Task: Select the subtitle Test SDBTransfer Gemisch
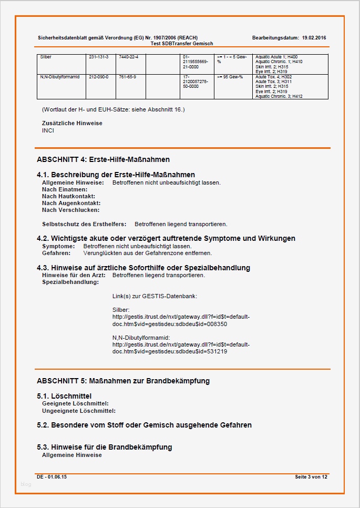[181, 44]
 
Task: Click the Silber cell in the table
[46, 56]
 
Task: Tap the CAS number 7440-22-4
[127, 56]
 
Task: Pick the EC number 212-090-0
[98, 77]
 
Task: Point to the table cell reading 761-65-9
[127, 77]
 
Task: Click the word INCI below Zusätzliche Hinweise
[48, 130]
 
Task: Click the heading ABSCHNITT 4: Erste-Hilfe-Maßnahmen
[103, 159]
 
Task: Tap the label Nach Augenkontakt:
[71, 203]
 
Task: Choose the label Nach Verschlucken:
[70, 210]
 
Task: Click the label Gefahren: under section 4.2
[57, 253]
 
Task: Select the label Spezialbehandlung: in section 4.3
[70, 282]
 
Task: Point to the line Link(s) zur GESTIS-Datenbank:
[155, 297]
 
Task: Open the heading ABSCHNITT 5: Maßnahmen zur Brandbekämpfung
[123, 381]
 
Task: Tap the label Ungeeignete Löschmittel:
[79, 411]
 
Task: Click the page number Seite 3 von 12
[311, 476]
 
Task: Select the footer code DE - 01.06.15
[52, 476]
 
